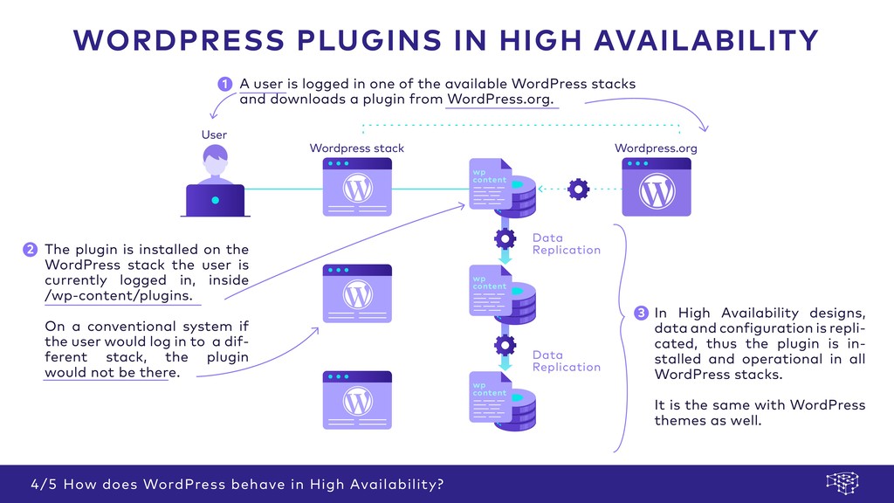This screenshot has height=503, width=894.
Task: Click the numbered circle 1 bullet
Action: pos(224,84)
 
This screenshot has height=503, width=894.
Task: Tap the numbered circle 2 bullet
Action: pos(30,250)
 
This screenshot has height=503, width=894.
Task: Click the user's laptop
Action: pos(215,201)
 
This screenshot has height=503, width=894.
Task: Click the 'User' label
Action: pos(214,134)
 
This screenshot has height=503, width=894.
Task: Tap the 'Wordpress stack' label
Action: pos(356,148)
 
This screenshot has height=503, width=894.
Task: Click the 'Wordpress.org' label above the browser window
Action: pos(656,148)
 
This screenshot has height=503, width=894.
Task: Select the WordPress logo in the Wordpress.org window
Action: pos(656,191)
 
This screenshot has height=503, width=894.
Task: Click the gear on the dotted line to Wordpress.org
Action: pos(578,188)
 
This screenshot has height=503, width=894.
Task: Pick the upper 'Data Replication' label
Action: pos(566,244)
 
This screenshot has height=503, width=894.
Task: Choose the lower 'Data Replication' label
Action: pos(566,361)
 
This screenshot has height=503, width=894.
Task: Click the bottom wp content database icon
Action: pos(502,402)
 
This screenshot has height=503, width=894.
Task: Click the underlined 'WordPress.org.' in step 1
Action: pos(499,100)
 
